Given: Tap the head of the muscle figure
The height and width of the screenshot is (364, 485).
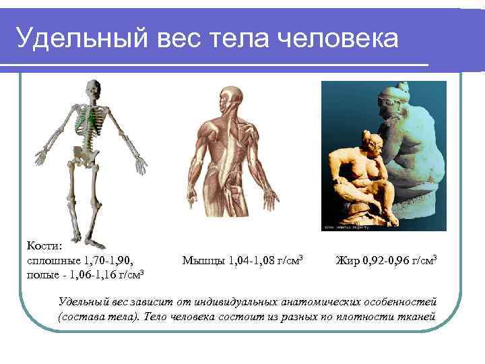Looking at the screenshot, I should coord(232,98).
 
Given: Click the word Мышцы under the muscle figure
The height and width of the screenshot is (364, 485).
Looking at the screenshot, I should coord(204,260).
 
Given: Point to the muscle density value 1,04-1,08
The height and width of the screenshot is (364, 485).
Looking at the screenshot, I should coord(252,260).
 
